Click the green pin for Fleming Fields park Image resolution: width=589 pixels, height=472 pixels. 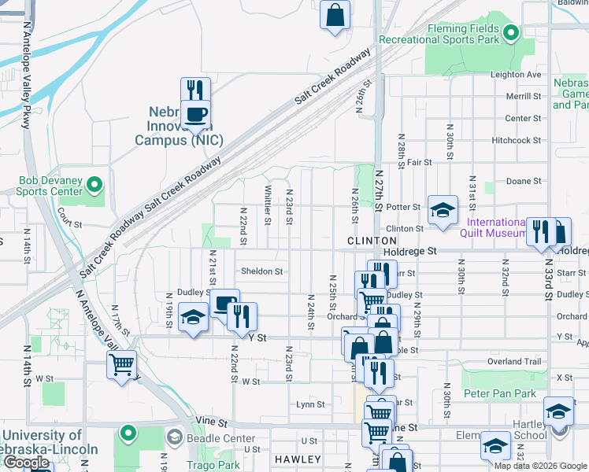[510, 32]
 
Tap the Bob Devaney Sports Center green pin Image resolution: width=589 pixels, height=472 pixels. [94, 186]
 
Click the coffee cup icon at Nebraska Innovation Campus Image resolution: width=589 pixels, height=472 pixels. [196, 115]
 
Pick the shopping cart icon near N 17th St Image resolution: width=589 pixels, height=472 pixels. [122, 364]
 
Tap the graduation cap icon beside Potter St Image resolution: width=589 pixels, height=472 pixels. [443, 210]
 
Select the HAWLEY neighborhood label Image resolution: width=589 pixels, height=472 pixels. [298, 459]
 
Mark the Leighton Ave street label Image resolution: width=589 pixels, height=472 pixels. [516, 75]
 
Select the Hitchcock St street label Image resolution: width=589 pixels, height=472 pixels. [516, 140]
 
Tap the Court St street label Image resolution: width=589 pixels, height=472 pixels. [69, 223]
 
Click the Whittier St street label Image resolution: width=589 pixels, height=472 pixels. [268, 204]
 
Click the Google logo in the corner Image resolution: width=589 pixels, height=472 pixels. [26, 463]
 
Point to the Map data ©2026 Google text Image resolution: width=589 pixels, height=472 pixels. [540, 466]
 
